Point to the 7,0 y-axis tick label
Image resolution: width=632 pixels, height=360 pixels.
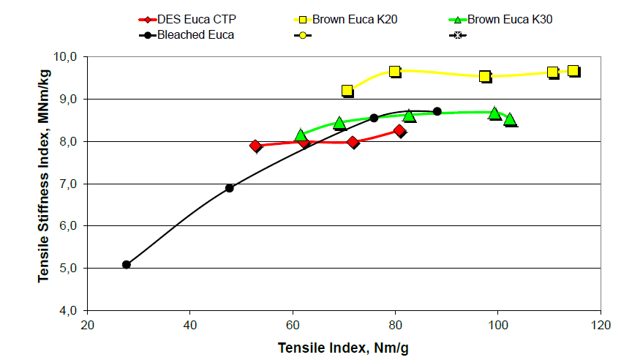71,184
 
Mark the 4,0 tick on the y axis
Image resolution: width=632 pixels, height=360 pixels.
71,311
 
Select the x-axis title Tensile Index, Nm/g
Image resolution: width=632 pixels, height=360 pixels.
344,348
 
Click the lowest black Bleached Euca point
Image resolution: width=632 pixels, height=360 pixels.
127,264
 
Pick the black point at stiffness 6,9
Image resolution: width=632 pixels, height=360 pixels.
229,188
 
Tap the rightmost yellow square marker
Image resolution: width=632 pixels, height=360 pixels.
573,71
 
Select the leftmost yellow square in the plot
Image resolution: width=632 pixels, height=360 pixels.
347,91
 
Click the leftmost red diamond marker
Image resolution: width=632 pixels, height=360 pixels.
255,146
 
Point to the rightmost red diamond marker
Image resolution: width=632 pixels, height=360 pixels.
399,131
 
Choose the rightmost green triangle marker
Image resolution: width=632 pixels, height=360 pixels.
510,119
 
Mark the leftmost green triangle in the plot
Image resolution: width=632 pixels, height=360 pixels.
301,135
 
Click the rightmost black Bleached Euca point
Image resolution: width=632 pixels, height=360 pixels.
437,111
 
